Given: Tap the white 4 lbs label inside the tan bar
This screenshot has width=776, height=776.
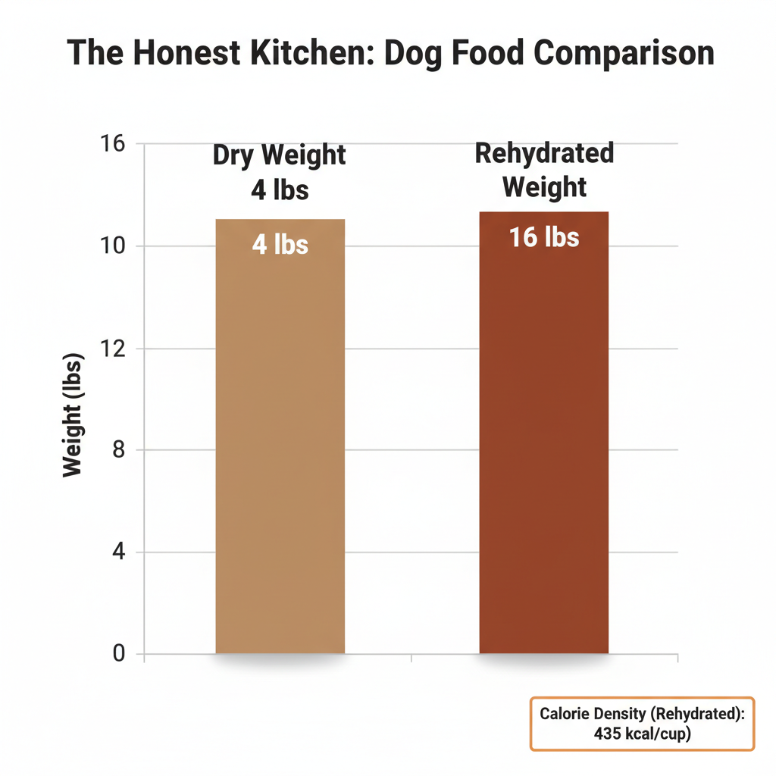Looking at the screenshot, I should [x=280, y=245].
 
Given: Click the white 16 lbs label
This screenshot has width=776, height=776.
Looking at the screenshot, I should [x=543, y=237].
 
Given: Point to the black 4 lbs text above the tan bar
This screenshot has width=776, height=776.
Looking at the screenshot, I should [x=280, y=189].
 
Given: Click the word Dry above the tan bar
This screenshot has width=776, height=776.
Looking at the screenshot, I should [x=234, y=155].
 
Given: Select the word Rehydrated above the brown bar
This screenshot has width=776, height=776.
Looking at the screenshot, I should [x=544, y=153].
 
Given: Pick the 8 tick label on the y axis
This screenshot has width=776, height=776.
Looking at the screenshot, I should [x=117, y=450].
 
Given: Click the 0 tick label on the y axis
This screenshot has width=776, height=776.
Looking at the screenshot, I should [x=117, y=653].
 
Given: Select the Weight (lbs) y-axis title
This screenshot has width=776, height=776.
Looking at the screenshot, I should [x=73, y=415].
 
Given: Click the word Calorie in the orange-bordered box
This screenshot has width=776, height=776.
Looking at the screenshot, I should [x=566, y=714].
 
